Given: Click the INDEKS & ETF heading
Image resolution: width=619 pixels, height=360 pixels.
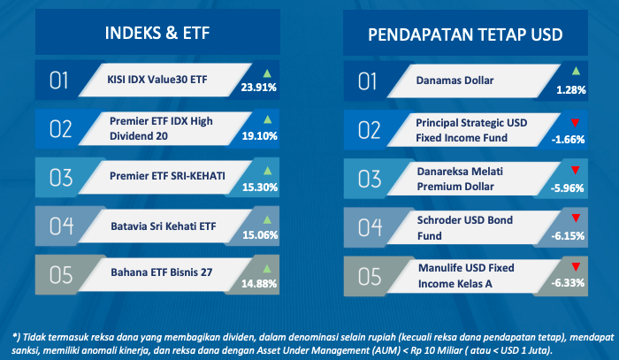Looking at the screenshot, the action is point(157,33).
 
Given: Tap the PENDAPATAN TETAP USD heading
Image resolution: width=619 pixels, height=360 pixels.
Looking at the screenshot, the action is point(465,34).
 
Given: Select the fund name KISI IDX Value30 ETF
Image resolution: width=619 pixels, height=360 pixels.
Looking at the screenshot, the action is point(157,80).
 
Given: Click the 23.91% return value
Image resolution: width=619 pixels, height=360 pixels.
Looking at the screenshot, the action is point(258,88).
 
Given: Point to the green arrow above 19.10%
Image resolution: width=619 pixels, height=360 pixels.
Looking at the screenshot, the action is point(268,119).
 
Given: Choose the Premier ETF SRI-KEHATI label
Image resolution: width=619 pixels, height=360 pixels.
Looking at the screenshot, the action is point(167,176).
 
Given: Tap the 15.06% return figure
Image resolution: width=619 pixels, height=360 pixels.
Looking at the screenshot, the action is point(260,235).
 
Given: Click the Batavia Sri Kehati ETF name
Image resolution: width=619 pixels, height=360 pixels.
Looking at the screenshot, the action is point(164,226).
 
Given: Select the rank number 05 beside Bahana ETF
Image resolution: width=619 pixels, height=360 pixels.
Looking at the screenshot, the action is point(61,275).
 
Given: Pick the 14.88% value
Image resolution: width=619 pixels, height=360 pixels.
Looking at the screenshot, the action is point(259,283).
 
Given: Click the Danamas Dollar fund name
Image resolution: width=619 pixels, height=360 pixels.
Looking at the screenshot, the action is point(455,80).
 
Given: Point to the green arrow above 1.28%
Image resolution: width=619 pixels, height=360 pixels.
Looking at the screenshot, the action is point(576,71).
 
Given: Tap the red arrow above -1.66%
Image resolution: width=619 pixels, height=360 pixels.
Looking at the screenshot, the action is point(575,123).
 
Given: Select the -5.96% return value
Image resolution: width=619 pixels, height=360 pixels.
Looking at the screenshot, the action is point(568,188).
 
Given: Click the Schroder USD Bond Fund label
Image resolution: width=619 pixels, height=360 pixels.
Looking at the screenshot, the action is point(465,227).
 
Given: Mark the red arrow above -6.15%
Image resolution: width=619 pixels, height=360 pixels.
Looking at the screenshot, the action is point(576,218).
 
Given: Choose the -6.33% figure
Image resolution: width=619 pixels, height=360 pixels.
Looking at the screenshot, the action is point(568,283).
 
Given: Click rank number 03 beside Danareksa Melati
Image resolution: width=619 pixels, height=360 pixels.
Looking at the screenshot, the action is point(370,179).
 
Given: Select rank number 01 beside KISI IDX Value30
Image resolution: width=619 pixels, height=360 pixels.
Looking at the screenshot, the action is point(59,80).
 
